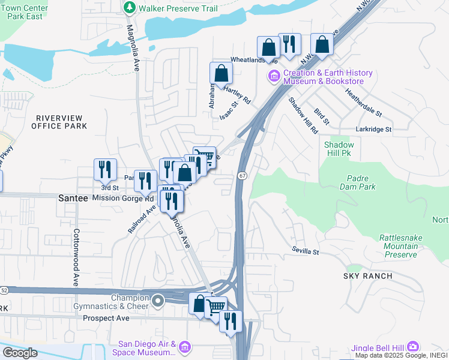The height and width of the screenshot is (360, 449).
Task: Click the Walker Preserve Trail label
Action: point(178,8)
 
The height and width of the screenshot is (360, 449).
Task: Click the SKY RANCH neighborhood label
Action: point(368,276)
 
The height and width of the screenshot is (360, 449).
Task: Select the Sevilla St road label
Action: point(306,250)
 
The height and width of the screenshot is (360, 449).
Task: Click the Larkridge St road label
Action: point(373,129)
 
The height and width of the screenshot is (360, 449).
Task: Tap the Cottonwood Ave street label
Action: point(76,257)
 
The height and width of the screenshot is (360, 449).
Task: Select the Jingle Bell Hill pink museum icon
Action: point(412,347)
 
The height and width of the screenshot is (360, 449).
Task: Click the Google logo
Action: point(20,353)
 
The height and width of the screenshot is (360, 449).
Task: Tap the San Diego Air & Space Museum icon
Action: point(184,348)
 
